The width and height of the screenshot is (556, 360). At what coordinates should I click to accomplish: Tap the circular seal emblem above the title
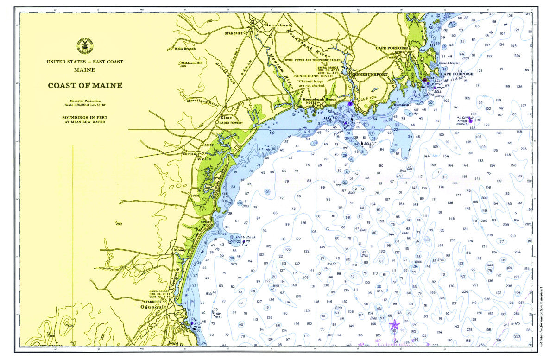pos(85,46)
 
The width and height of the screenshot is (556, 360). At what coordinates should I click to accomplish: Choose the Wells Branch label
pos(184,48)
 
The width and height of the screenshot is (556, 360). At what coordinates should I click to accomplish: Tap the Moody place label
pos(179,250)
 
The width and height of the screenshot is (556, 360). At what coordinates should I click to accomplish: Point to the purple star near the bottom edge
pos(394,324)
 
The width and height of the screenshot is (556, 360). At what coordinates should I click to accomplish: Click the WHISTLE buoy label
pos(463,124)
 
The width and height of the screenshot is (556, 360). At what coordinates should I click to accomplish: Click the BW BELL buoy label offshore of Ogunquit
pos(218,315)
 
